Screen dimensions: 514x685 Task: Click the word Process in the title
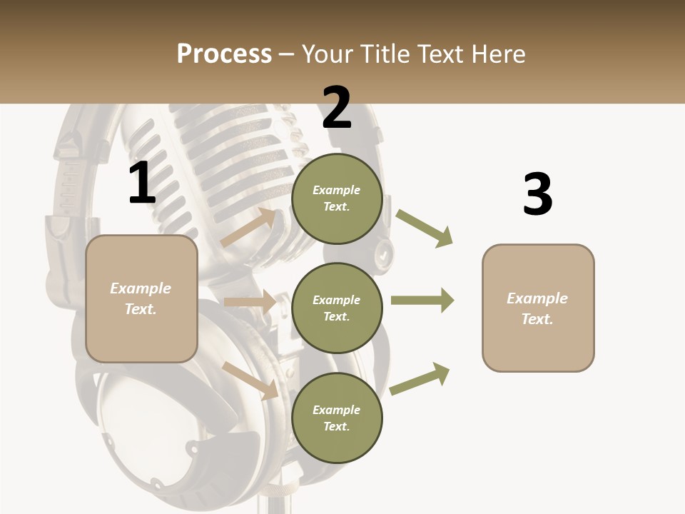[x=224, y=54]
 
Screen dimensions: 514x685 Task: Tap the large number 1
[x=142, y=183]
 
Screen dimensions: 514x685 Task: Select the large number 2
[x=337, y=108]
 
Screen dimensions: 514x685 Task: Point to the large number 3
[x=537, y=194]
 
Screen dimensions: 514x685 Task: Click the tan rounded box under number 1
[x=141, y=298]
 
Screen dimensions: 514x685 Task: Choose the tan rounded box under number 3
[x=538, y=308]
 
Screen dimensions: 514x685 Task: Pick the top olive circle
[x=337, y=198]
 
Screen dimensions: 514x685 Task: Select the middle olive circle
[x=337, y=308]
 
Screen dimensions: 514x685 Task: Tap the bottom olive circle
[x=337, y=418]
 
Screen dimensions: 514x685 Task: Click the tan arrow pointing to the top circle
[x=248, y=228]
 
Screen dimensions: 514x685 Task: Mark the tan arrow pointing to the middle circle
[x=250, y=302]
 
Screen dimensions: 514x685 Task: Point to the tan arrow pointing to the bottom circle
[x=250, y=380]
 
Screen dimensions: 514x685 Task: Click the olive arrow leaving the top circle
[x=425, y=228]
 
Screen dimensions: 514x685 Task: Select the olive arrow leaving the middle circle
[x=422, y=301]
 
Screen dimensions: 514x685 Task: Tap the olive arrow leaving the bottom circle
[x=420, y=378]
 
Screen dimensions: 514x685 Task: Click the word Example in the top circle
[x=337, y=190]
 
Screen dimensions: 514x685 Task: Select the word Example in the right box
[x=537, y=298]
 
